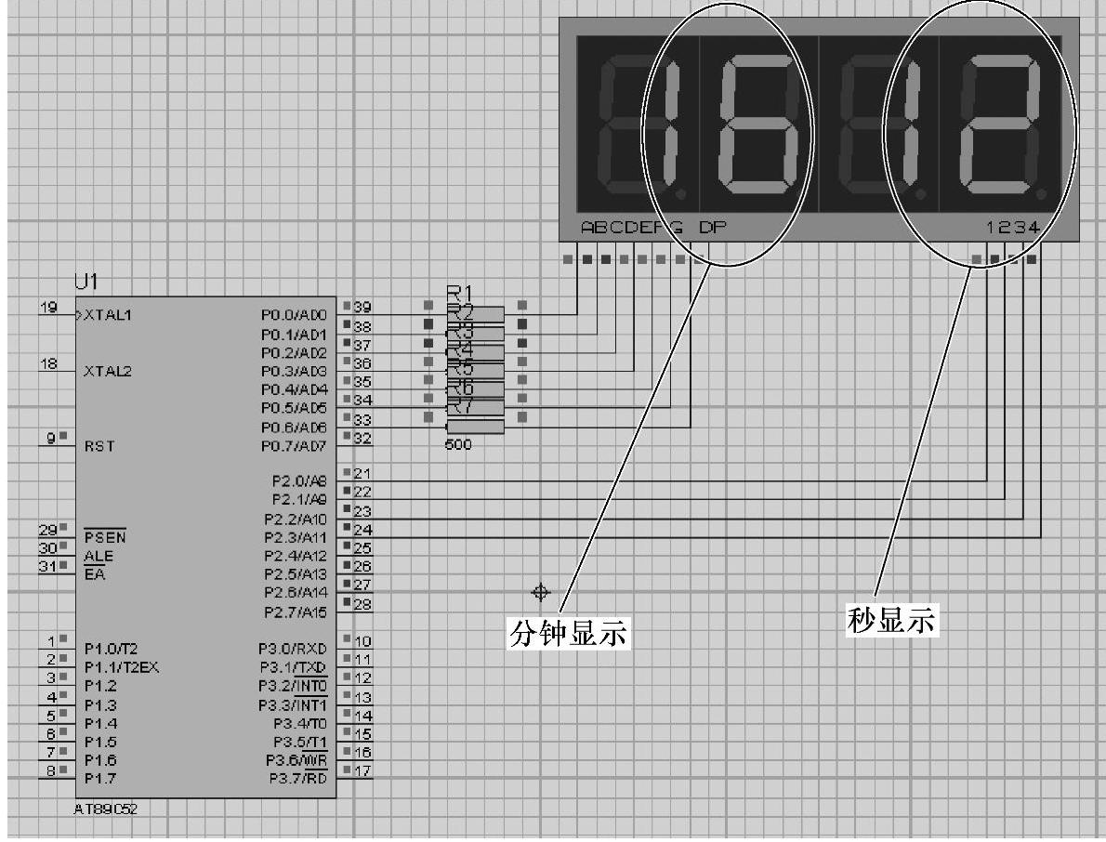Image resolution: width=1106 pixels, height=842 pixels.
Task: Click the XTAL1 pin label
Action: click(x=109, y=315)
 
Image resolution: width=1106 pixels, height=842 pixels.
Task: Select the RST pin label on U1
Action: click(x=99, y=446)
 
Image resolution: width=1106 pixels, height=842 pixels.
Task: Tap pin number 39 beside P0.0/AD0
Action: click(x=363, y=308)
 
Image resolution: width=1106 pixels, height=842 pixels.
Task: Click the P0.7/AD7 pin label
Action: click(x=294, y=446)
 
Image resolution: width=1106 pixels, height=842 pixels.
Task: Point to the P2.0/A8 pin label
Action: click(x=296, y=480)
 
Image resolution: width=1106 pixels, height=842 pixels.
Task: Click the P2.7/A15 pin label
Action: click(x=296, y=612)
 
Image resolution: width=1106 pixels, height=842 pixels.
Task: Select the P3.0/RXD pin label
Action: click(x=294, y=648)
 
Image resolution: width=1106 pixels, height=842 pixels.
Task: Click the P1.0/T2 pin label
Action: click(x=112, y=648)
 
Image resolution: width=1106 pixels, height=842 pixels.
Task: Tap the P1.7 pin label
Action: click(x=100, y=777)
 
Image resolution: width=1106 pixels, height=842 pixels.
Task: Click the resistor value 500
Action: click(x=458, y=445)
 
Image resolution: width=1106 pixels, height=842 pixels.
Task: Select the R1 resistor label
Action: click(x=460, y=293)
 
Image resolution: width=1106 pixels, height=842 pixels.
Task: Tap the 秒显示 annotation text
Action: click(x=892, y=620)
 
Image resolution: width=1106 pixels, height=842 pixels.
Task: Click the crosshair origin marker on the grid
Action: click(x=540, y=592)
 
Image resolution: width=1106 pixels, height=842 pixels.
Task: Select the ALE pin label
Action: click(x=96, y=556)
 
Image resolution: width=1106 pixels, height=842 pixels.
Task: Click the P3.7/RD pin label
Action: click(x=298, y=777)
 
